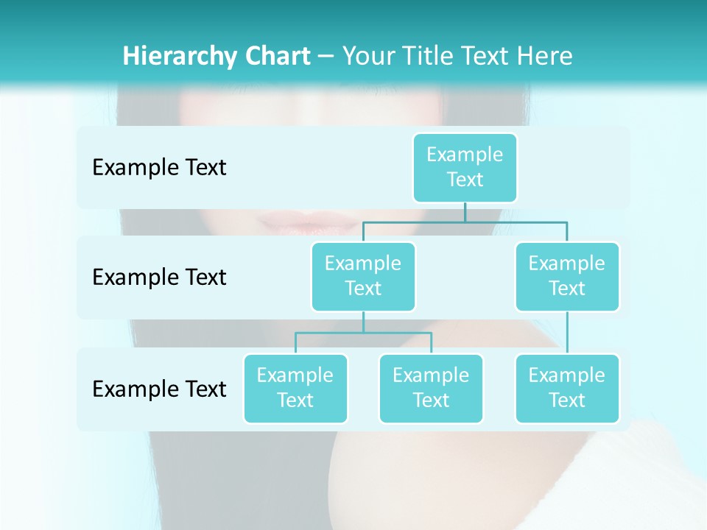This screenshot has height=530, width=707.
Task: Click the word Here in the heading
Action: click(x=544, y=56)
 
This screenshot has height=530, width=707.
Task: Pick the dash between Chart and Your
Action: click(x=326, y=57)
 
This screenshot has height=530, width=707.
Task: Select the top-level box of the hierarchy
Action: click(x=465, y=167)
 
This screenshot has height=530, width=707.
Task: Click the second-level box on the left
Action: click(x=363, y=276)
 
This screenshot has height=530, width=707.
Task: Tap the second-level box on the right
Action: click(x=567, y=276)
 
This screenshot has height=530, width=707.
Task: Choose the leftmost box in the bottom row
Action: click(x=295, y=388)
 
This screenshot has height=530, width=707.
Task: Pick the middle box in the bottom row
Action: click(x=431, y=388)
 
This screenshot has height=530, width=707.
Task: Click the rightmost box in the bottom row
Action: click(x=567, y=388)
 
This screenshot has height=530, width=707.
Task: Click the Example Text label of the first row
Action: click(x=159, y=167)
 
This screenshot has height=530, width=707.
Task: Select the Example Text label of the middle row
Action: click(x=159, y=277)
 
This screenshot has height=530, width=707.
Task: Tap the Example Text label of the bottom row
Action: click(x=159, y=388)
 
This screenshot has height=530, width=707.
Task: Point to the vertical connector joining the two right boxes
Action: click(x=567, y=333)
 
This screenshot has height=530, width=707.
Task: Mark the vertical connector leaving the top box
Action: click(x=465, y=212)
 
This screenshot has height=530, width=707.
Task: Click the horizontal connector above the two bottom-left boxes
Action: click(x=363, y=333)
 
